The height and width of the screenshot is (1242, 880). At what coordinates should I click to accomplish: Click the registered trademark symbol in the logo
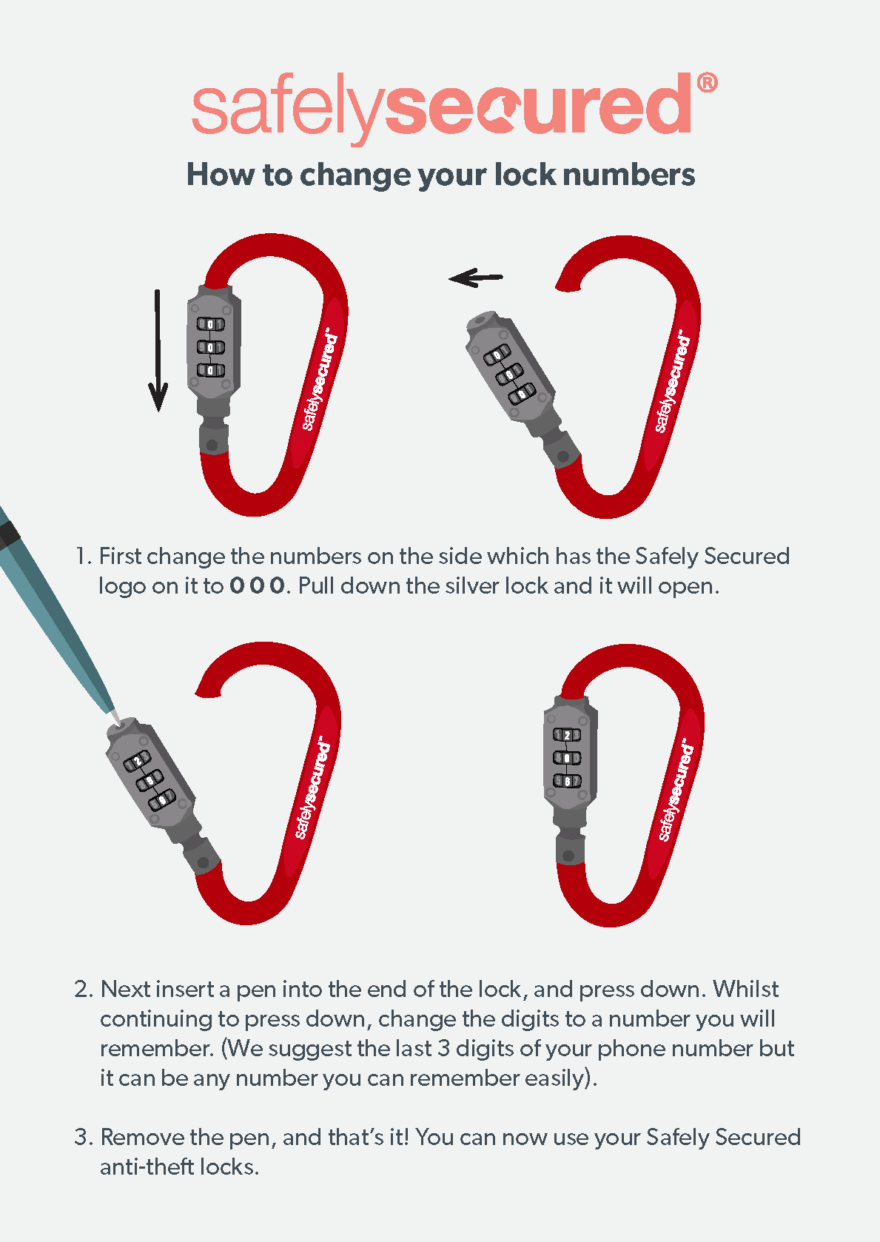pos(707,82)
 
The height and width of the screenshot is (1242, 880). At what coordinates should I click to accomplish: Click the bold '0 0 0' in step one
pos(257,586)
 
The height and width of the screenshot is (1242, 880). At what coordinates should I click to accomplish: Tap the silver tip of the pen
pos(113,717)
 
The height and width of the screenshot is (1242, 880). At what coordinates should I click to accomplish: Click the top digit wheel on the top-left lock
pos(210,324)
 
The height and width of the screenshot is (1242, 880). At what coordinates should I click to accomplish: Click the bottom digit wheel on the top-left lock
pos(210,370)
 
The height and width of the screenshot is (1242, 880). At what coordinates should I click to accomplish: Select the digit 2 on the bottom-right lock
pos(567,735)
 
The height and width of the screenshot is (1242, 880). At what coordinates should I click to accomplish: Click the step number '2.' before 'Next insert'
pos(84,990)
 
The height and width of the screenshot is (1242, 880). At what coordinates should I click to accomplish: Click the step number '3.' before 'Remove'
pos(84,1138)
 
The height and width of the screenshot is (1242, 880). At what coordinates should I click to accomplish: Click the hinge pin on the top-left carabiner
pos(212,445)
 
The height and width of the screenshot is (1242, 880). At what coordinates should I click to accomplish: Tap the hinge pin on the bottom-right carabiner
pos(568,855)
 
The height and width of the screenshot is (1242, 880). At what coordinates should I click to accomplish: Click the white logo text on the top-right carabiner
pos(672,381)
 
